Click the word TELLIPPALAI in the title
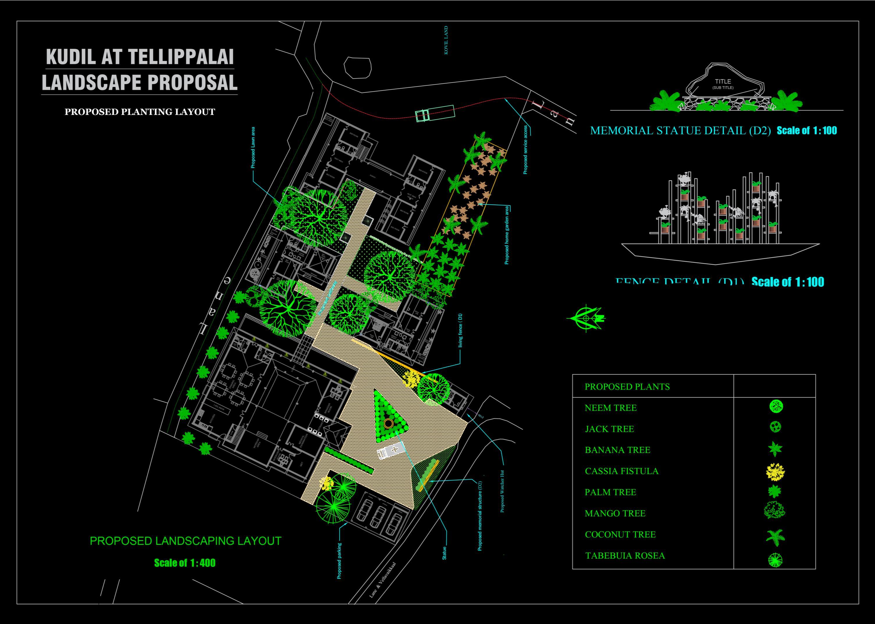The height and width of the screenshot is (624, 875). tap(181, 56)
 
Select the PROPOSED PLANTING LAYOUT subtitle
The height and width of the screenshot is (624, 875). tap(140, 112)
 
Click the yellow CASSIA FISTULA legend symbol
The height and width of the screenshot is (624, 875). tap(776, 472)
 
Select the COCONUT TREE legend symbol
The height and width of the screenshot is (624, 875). tap(775, 537)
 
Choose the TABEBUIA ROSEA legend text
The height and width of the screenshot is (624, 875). tap(625, 556)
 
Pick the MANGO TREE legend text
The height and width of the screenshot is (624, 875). tap(615, 513)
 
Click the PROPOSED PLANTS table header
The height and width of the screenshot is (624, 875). tap(627, 387)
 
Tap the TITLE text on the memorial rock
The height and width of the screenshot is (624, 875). tap(723, 81)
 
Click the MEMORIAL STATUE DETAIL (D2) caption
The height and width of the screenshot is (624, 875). tap(680, 131)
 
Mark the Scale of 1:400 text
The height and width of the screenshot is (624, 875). tap(185, 563)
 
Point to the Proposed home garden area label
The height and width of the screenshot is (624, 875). tap(507, 235)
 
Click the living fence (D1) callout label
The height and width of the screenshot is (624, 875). tap(460, 330)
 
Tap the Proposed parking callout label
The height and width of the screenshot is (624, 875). tap(339, 561)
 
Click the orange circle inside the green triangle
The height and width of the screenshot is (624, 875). tap(388, 424)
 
